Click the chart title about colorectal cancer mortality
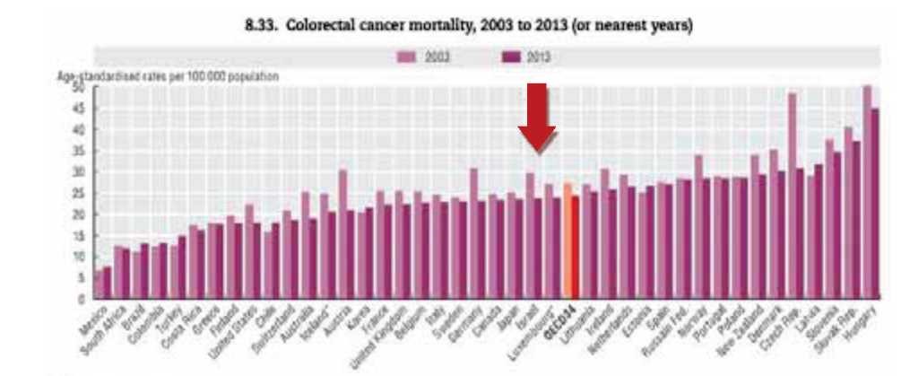pyautogui.click(x=468, y=28)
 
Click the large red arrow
pyautogui.click(x=536, y=117)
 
